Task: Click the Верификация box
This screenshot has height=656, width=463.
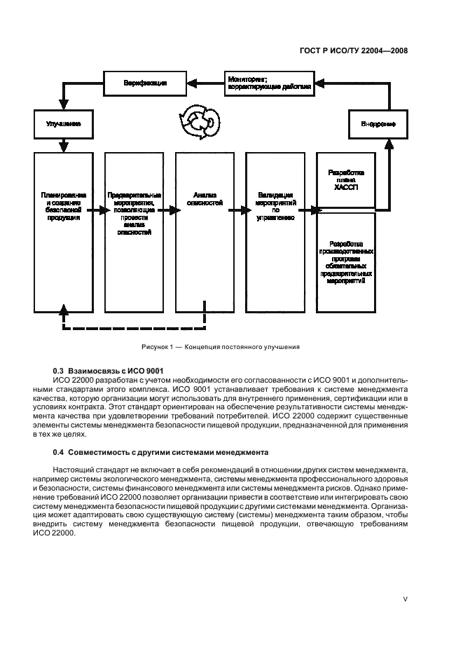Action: coord(145,83)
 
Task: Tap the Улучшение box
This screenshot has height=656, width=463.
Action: coord(63,123)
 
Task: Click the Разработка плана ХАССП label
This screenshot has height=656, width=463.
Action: coord(345,179)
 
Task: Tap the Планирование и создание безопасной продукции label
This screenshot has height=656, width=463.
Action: coord(63,205)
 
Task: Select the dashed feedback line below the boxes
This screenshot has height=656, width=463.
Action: coord(133,328)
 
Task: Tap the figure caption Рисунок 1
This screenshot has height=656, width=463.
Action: coord(221,346)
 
